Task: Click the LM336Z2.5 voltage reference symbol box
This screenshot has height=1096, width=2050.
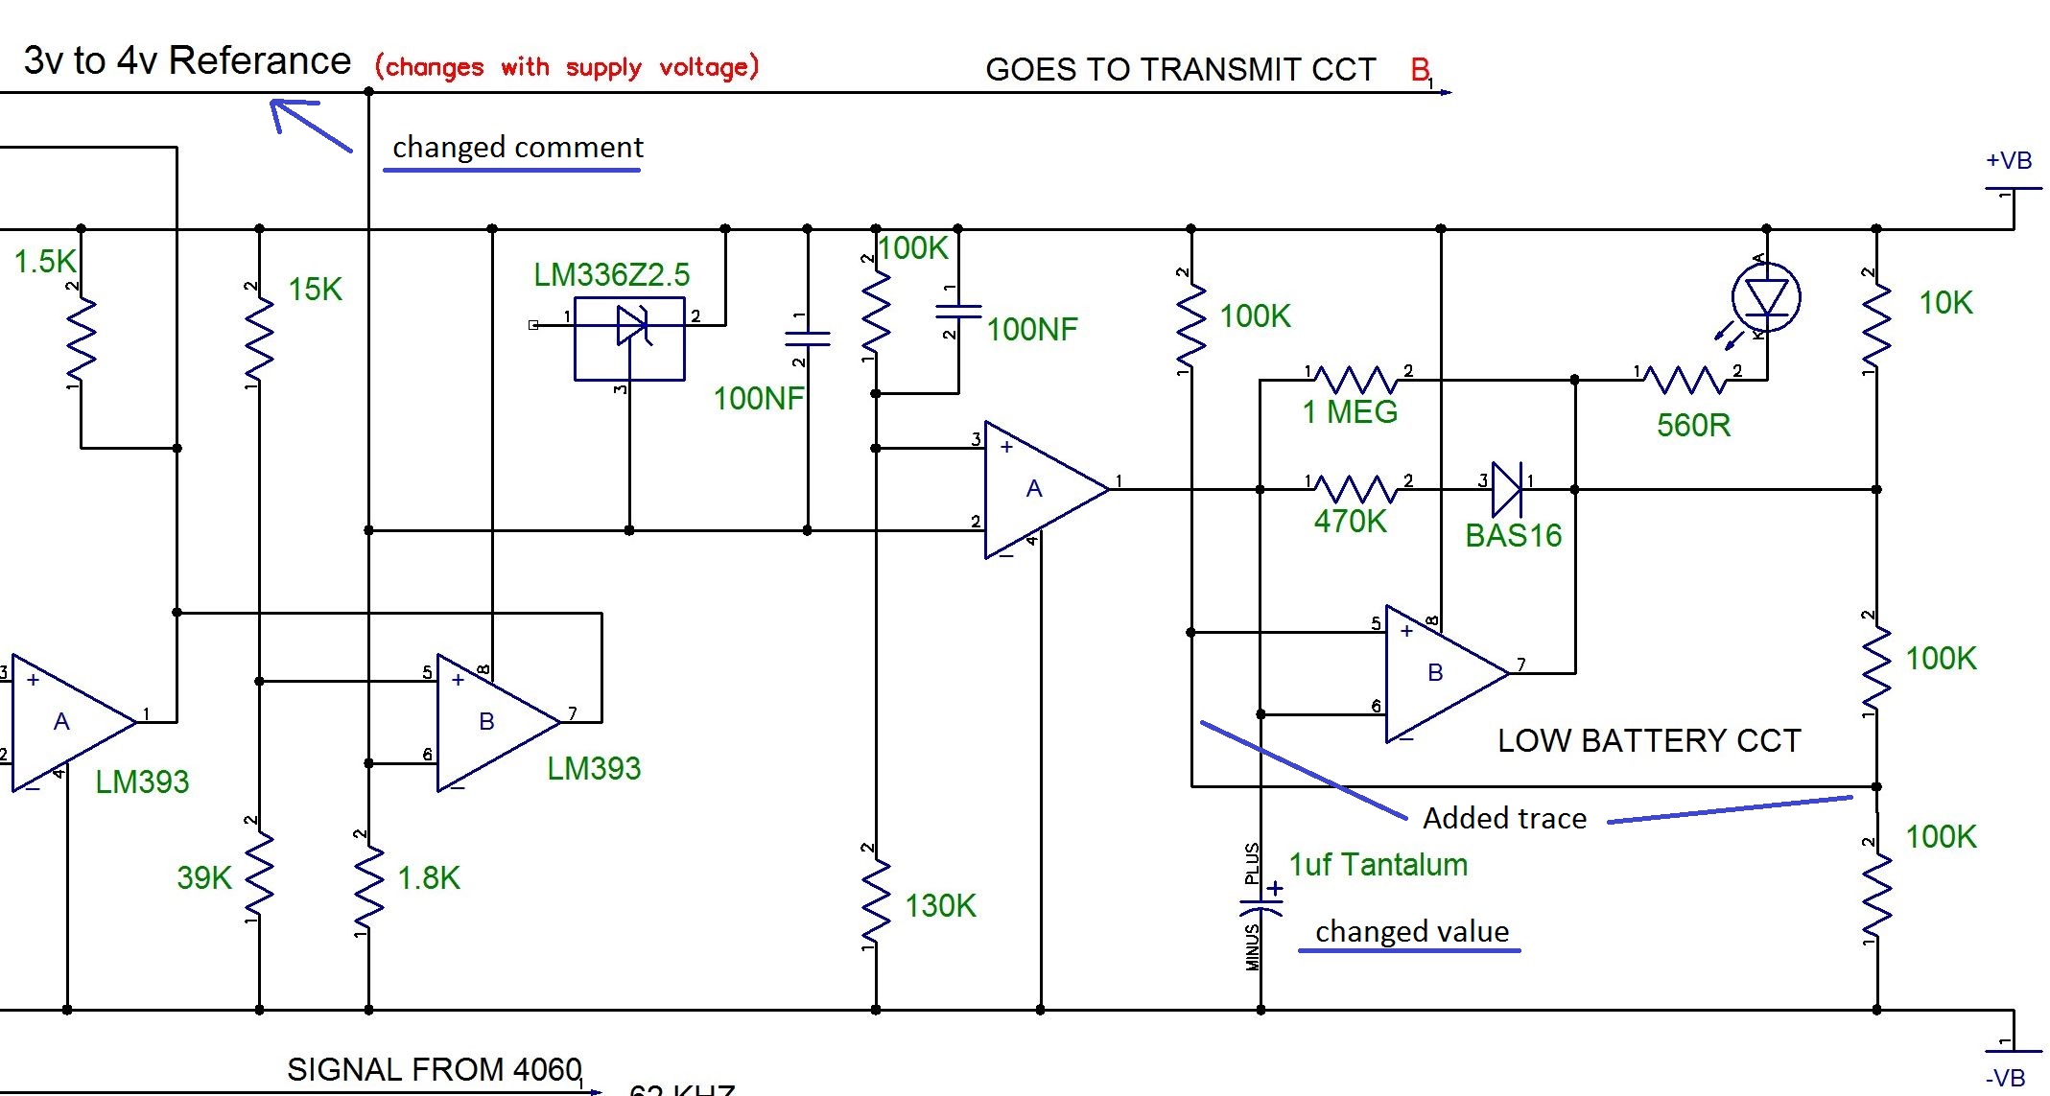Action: pyautogui.click(x=629, y=338)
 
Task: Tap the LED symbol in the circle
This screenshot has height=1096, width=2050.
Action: pyautogui.click(x=1766, y=297)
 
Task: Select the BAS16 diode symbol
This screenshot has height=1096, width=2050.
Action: pyautogui.click(x=1507, y=489)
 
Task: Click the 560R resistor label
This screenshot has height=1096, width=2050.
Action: pyautogui.click(x=1693, y=425)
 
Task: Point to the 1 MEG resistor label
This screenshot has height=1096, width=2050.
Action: pyautogui.click(x=1350, y=412)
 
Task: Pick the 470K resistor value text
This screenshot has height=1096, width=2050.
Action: pyautogui.click(x=1350, y=522)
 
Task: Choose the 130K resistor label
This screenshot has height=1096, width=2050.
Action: pyautogui.click(x=940, y=906)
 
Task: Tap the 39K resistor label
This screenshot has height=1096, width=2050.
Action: pyautogui.click(x=203, y=877)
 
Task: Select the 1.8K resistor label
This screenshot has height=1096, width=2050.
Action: pyautogui.click(x=429, y=877)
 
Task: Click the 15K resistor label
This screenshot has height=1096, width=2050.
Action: pyautogui.click(x=315, y=290)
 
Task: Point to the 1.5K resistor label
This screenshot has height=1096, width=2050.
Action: pyautogui.click(x=44, y=262)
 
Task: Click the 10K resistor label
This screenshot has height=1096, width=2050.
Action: pyautogui.click(x=1945, y=303)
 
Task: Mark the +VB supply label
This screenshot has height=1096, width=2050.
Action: pyautogui.click(x=2009, y=160)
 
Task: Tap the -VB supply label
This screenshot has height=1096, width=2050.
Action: pyautogui.click(x=2005, y=1079)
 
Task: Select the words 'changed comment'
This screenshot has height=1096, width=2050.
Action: pyautogui.click(x=518, y=148)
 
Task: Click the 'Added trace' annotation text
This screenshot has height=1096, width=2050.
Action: pyautogui.click(x=1504, y=818)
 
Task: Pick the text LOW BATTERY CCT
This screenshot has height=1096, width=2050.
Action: pyautogui.click(x=1649, y=740)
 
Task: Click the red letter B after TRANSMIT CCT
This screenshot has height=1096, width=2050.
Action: pyautogui.click(x=1420, y=69)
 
